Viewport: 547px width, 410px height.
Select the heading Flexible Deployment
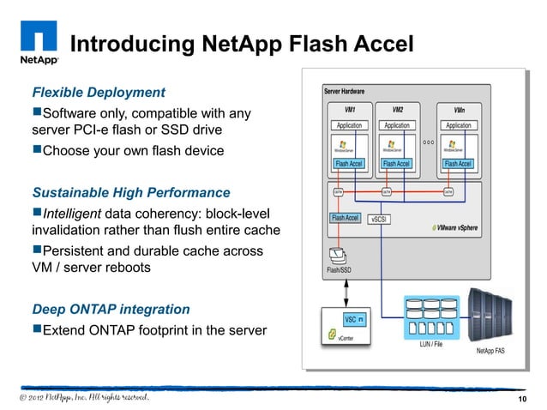point(99,92)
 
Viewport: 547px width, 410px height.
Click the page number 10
point(522,401)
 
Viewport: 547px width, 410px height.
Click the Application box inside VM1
point(349,125)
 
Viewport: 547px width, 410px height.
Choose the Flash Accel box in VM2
point(396,163)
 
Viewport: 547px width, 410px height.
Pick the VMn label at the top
point(458,111)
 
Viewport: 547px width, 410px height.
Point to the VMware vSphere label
point(454,228)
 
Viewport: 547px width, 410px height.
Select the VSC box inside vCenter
point(351,319)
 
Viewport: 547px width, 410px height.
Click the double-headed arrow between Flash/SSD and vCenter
point(337,291)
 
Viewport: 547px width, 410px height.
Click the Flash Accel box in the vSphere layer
point(345,218)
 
